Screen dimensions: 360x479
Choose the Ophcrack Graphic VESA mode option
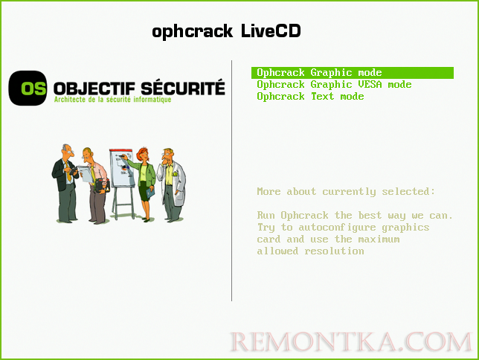point(334,84)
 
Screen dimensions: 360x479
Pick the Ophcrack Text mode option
point(310,96)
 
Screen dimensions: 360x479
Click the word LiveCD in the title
point(271,30)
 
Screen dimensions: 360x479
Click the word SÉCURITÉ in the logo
point(183,88)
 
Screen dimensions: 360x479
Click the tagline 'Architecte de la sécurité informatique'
point(112,100)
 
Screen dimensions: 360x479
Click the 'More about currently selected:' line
point(346,191)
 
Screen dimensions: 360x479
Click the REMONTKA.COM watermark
point(350,341)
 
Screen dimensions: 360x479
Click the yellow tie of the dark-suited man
point(69,176)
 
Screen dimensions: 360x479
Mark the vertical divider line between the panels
point(233,179)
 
